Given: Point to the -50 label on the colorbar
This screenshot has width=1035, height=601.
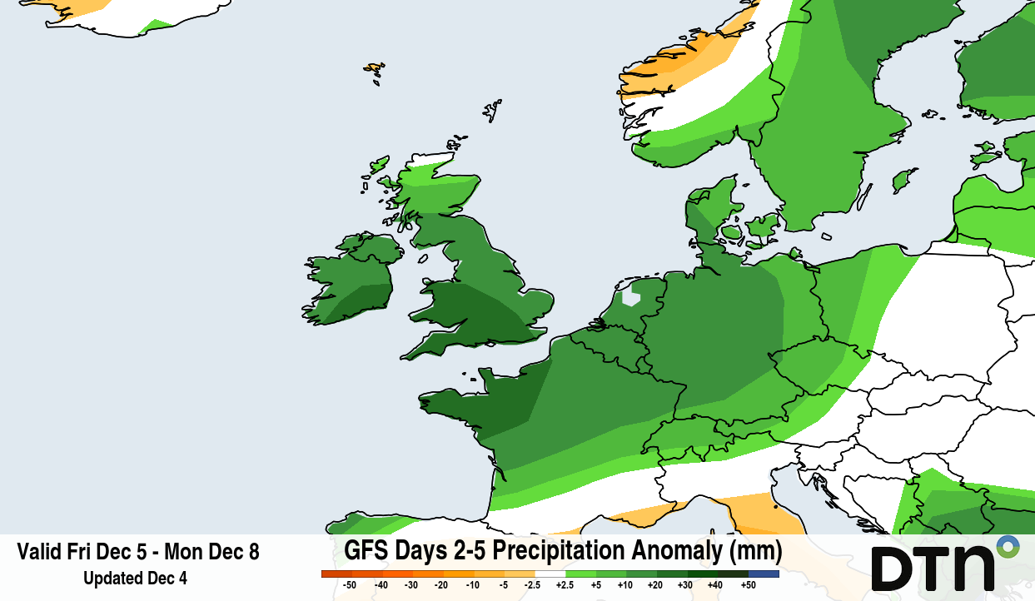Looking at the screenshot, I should point(350,585).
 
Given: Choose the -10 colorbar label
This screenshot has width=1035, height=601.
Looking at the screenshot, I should point(473,585).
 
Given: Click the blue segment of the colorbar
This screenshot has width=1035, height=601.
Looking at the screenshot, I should point(764,574).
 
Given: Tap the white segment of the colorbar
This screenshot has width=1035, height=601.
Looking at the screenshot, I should point(550,574).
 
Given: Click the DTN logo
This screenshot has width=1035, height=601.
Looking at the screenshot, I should point(933,567).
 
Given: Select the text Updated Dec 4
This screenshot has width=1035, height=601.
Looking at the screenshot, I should point(135,578).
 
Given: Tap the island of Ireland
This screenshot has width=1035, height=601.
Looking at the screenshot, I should point(350,279).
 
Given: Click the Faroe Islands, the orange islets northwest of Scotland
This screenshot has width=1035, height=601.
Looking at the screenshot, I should point(374,70).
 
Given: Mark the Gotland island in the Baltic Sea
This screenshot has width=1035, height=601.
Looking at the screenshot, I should point(903,179).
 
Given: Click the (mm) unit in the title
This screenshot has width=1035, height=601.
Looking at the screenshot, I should point(755,551).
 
